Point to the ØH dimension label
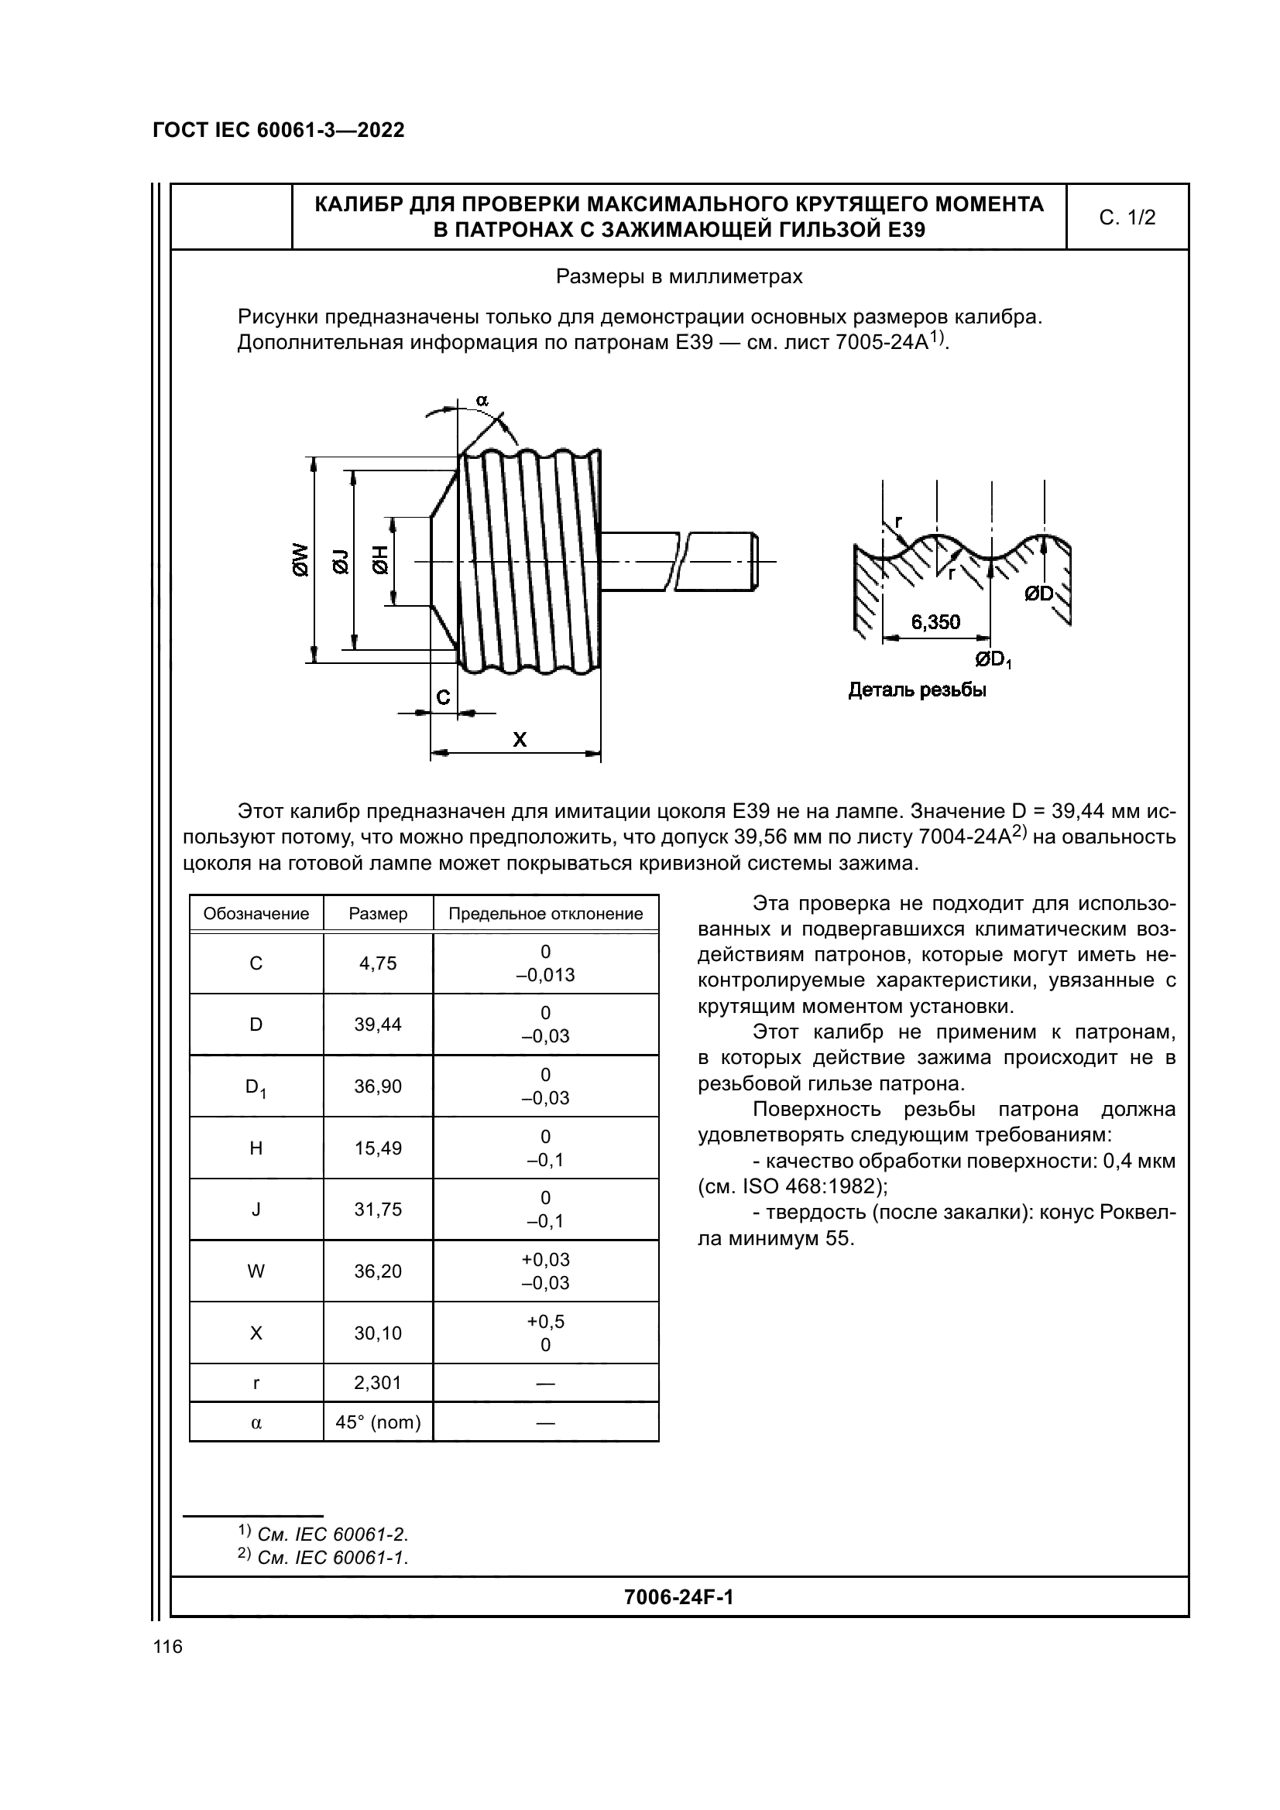coord(382,560)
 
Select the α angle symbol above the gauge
coord(482,401)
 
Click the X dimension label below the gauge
coord(520,740)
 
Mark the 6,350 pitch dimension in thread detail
coord(935,622)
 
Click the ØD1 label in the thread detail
coord(993,659)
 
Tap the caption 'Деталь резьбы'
coord(917,690)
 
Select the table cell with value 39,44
coord(378,1024)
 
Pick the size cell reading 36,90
coord(378,1086)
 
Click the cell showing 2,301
coord(378,1383)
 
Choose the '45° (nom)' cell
coord(378,1422)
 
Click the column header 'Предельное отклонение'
coord(546,914)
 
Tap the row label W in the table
coord(256,1271)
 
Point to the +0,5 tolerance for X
coord(546,1321)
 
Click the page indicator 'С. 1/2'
coord(1127,217)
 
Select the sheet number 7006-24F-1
coord(678,1597)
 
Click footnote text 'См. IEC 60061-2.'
coord(332,1534)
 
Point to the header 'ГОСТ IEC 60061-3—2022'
coord(279,130)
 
